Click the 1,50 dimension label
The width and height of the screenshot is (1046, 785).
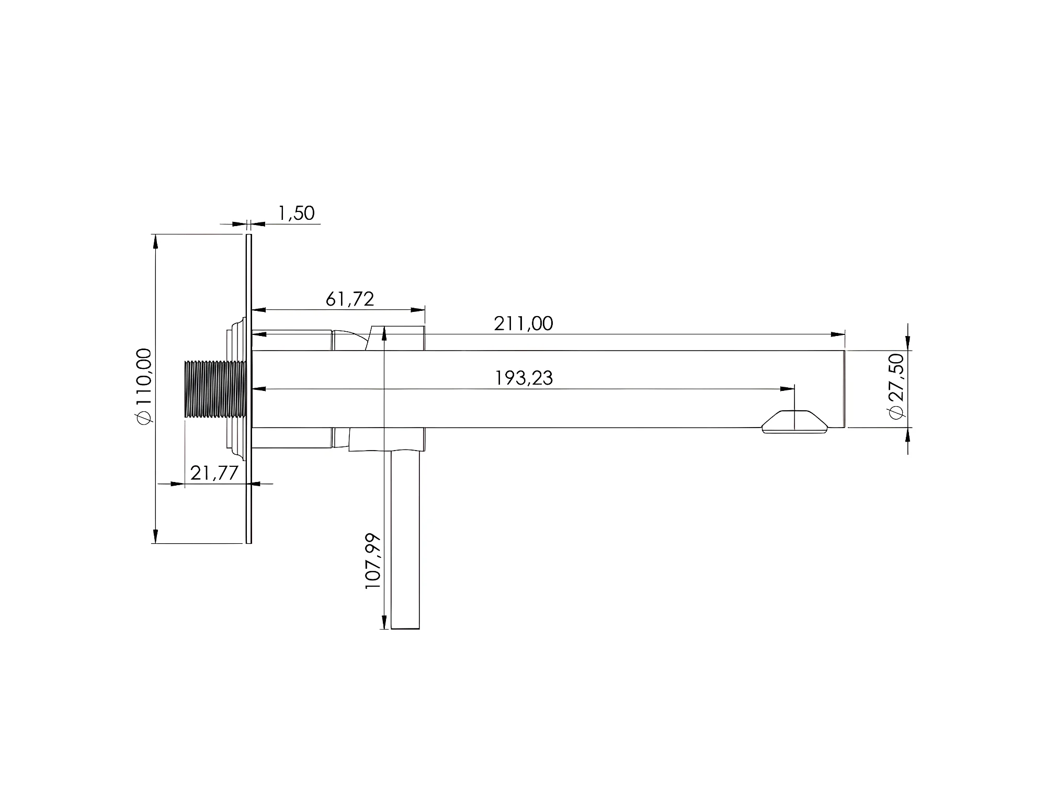(297, 214)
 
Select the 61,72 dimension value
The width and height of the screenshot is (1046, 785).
(350, 299)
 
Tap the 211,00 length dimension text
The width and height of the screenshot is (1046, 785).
(524, 323)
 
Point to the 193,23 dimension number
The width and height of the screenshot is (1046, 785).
(524, 378)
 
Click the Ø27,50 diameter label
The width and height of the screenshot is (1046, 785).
(896, 387)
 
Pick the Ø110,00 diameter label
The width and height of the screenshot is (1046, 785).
(144, 386)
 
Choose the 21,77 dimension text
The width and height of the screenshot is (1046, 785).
(214, 473)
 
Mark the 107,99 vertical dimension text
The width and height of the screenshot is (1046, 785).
(373, 562)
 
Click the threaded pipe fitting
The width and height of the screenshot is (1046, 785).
(215, 389)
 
